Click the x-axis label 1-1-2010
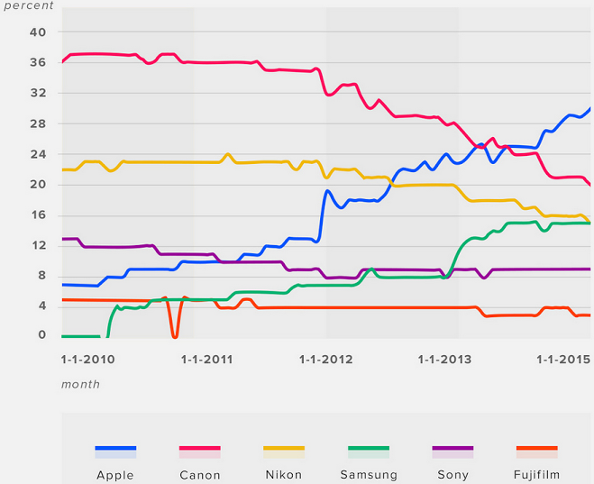tap(87, 359)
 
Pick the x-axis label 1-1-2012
tap(326, 359)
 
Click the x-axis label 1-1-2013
tap(445, 359)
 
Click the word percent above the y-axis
tap(30, 5)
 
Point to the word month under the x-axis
tap(80, 384)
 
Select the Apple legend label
tap(115, 475)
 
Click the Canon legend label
tap(200, 475)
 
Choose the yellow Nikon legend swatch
tap(284, 449)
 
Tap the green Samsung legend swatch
tap(369, 449)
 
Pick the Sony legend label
tap(452, 475)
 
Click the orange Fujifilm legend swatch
tap(537, 449)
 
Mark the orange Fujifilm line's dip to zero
tap(174, 334)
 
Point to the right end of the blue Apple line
tap(590, 108)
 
